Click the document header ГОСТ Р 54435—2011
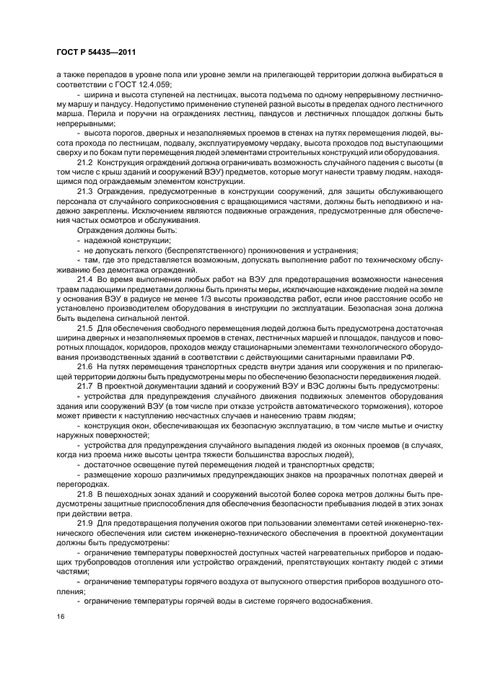(97, 53)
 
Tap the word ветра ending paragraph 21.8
(121, 513)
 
